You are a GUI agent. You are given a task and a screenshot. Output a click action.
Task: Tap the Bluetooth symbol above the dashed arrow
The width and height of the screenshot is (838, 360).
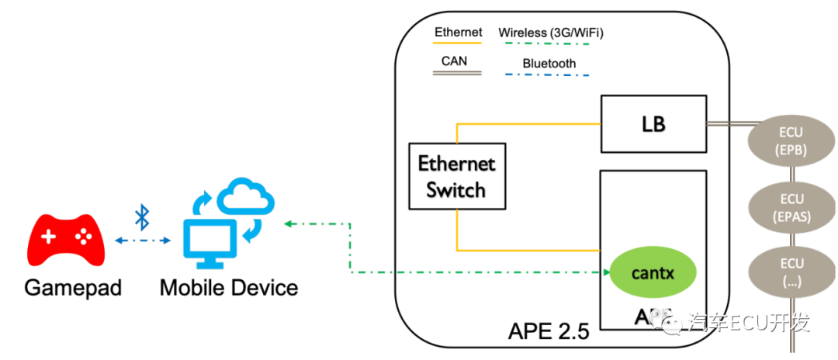point(142,217)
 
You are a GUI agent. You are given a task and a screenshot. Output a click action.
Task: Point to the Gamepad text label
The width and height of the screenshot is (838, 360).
point(73,288)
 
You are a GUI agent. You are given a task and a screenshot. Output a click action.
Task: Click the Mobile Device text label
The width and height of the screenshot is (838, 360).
point(229,288)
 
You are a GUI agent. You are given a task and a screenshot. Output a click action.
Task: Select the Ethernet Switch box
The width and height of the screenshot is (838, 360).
point(457,176)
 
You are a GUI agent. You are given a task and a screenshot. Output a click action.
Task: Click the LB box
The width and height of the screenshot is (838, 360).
point(653,124)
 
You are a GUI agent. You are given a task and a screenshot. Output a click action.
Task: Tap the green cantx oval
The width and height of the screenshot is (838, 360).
point(653,272)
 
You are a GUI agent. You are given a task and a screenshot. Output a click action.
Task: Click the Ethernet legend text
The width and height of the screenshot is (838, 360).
point(458,33)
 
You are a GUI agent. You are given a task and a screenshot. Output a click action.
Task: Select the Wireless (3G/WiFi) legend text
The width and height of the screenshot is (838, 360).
point(551,33)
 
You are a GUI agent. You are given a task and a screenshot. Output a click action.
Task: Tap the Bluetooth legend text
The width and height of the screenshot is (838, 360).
point(549,64)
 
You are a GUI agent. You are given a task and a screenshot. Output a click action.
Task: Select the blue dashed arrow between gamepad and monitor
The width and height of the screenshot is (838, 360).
point(143,241)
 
